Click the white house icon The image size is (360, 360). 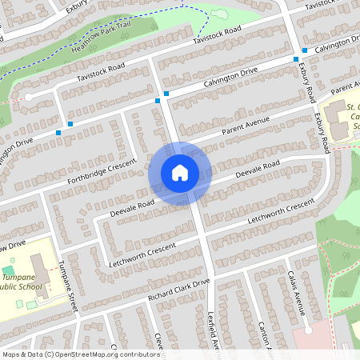click(180, 173)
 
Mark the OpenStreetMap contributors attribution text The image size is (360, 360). click(81, 354)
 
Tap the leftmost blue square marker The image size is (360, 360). click(58, 133)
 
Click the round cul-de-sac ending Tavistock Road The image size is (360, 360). click(28, 97)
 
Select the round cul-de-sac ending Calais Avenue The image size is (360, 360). click(308, 329)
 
